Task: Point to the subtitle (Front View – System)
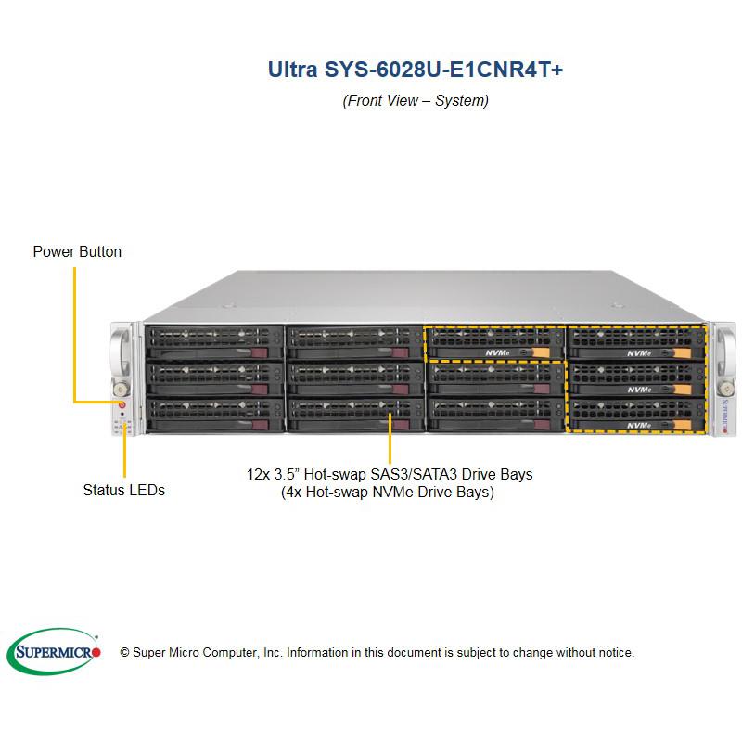point(416,100)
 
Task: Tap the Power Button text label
point(77,251)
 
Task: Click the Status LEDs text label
point(123,490)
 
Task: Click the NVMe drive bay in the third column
point(495,342)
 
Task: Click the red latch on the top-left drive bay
point(271,353)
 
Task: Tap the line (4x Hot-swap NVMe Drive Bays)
point(387,493)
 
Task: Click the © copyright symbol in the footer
point(124,653)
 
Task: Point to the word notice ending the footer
point(614,653)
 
